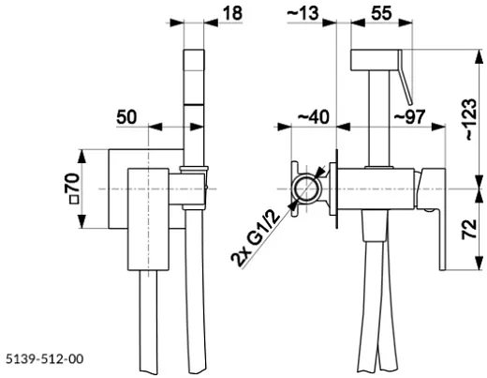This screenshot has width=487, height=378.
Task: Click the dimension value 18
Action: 232,13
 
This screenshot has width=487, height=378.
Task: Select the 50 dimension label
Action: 126,117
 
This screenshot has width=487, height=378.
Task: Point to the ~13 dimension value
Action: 303,13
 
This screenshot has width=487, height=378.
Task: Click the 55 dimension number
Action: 381,13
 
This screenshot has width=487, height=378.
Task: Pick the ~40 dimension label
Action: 314,117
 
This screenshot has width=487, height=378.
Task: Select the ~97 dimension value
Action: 409,117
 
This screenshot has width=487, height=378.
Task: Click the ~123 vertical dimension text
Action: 471,119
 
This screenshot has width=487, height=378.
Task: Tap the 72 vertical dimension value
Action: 469,230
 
